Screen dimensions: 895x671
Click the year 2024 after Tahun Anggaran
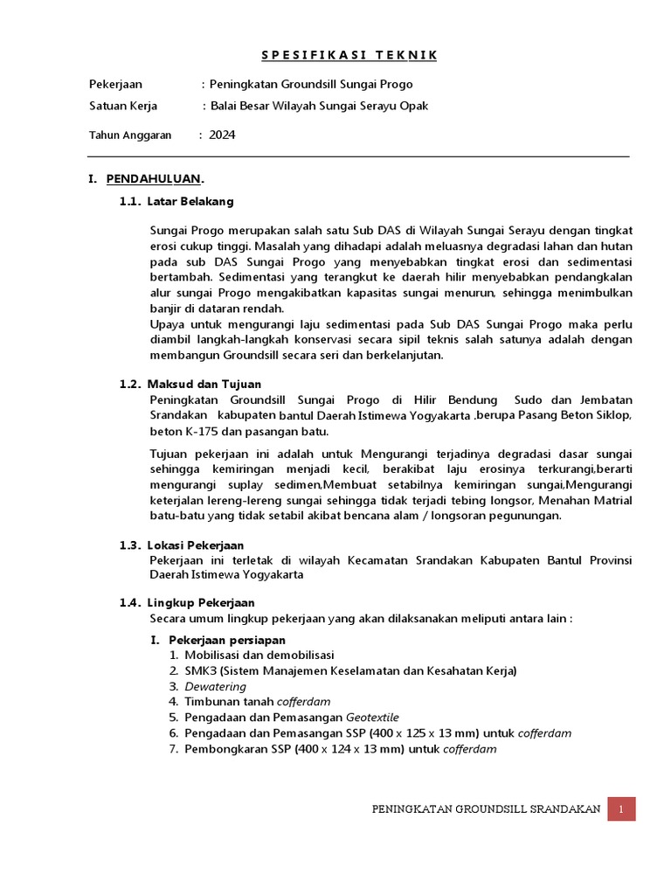pyautogui.click(x=222, y=135)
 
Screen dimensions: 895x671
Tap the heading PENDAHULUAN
pyautogui.click(x=155, y=179)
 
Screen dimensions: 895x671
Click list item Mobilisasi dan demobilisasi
pyautogui.click(x=259, y=655)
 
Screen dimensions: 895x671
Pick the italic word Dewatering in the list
pyautogui.click(x=214, y=686)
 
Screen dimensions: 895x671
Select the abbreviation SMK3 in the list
pyautogui.click(x=201, y=670)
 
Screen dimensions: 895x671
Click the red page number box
pyautogui.click(x=621, y=809)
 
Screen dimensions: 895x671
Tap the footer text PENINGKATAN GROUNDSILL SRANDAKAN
pyautogui.click(x=486, y=809)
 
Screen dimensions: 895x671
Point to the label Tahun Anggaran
pyautogui.click(x=130, y=135)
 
